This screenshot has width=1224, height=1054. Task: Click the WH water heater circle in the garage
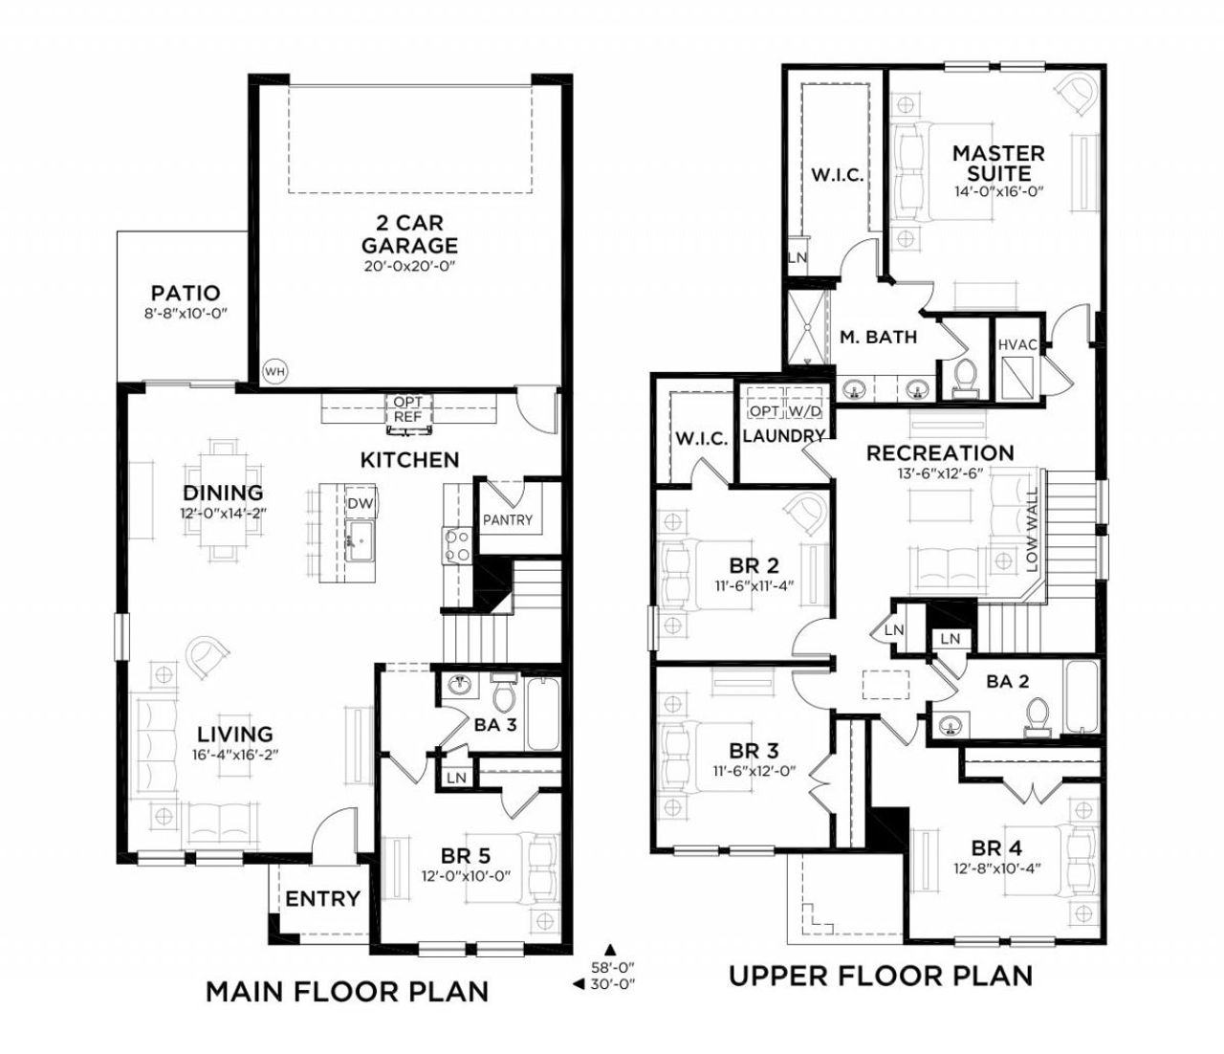click(x=274, y=371)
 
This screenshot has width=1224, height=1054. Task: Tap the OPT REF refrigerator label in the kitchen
click(x=408, y=410)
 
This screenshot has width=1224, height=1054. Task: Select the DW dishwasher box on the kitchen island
click(x=360, y=504)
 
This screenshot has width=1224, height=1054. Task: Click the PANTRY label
click(x=507, y=520)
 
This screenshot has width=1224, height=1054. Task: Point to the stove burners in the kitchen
click(x=457, y=544)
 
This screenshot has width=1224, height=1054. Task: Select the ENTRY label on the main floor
click(x=322, y=899)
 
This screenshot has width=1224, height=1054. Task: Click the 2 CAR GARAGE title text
click(x=409, y=234)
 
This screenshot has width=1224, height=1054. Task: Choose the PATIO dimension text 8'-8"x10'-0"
click(x=185, y=313)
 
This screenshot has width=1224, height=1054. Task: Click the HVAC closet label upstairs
click(x=1015, y=344)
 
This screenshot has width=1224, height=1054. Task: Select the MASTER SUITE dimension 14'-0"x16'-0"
click(x=997, y=191)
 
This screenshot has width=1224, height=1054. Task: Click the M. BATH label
click(x=878, y=337)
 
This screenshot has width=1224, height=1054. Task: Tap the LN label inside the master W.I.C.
click(x=797, y=257)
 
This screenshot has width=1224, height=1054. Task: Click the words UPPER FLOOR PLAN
click(x=881, y=976)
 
